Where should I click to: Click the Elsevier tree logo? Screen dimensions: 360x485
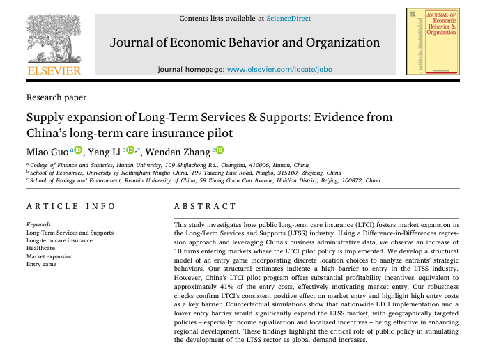[53, 39]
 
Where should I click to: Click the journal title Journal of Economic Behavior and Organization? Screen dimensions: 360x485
[245, 42]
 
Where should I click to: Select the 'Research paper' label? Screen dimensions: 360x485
[56, 98]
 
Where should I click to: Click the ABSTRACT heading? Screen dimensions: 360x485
[205, 206]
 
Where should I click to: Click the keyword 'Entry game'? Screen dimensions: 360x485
[42, 264]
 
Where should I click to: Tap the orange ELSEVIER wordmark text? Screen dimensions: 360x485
[54, 70]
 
